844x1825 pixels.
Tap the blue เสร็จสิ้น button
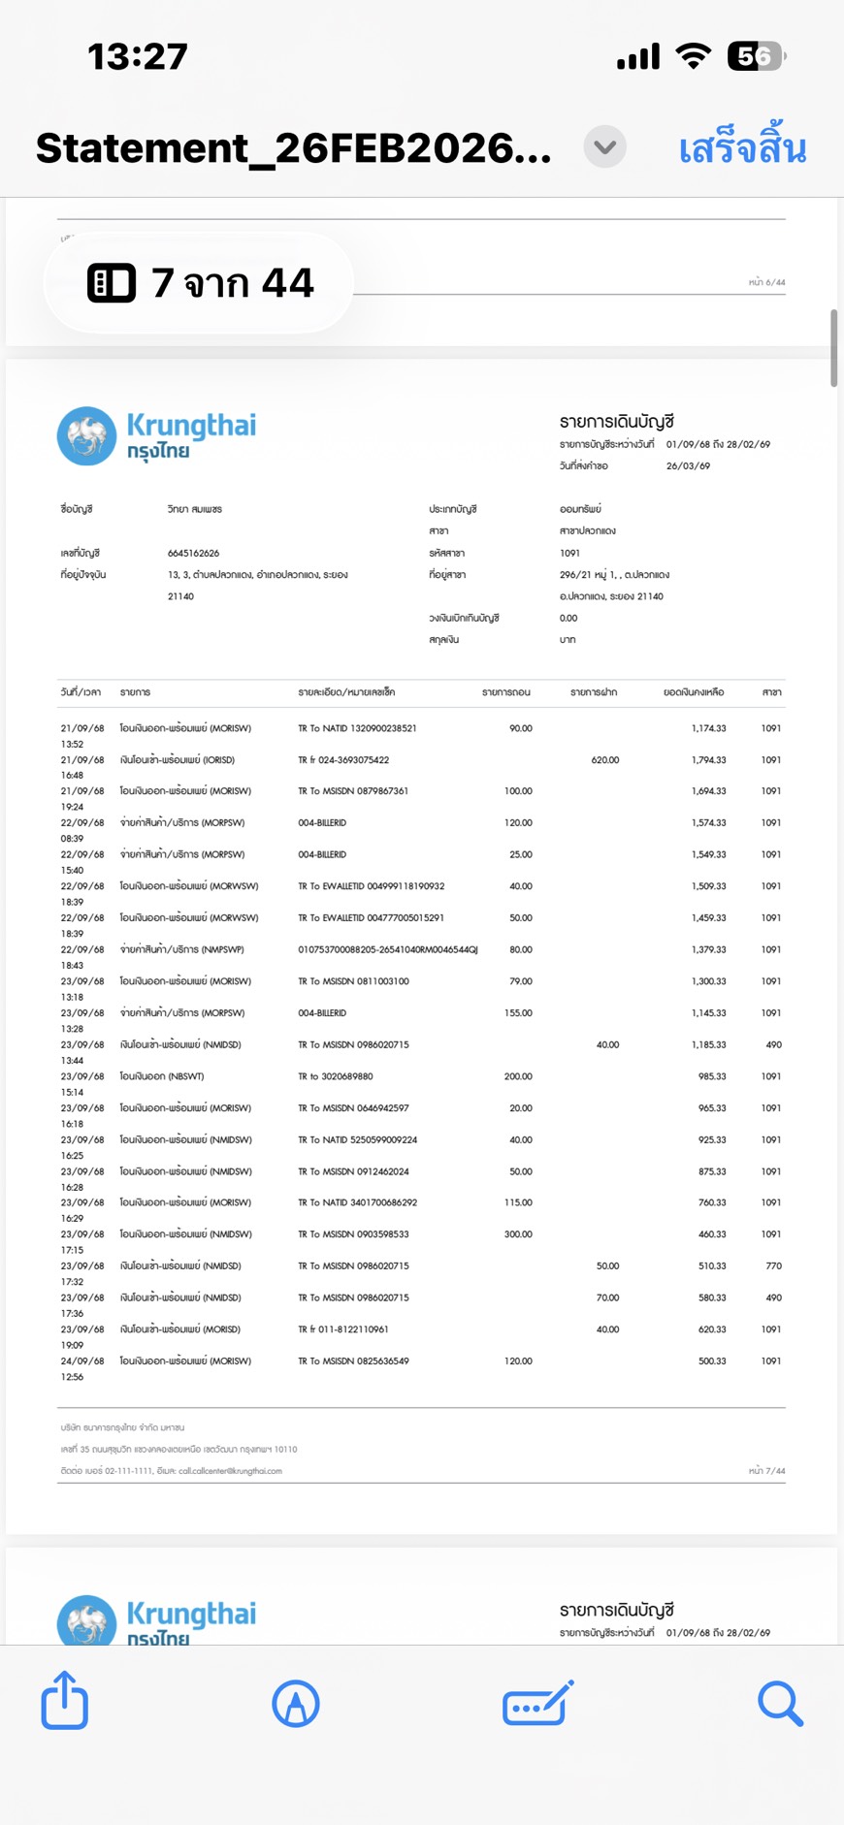click(x=742, y=148)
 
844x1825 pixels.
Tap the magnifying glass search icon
click(x=779, y=1703)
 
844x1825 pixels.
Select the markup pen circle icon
click(x=296, y=1703)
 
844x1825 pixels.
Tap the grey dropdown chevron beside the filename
click(x=604, y=147)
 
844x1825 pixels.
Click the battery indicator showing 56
click(x=755, y=56)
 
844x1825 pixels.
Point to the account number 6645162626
click(x=193, y=553)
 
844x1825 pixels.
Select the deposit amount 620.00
click(x=604, y=760)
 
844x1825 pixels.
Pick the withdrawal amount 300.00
click(x=518, y=1234)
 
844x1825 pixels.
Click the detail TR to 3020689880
click(x=335, y=1076)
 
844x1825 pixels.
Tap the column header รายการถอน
click(x=505, y=692)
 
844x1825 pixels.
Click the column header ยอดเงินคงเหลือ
click(x=693, y=692)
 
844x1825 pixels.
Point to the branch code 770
click(x=773, y=1266)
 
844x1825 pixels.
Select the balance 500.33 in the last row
click(x=712, y=1361)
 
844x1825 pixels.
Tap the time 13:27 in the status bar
click(x=137, y=56)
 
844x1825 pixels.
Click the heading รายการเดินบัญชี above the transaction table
click(x=616, y=422)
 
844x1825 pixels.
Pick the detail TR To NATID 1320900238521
click(x=357, y=728)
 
